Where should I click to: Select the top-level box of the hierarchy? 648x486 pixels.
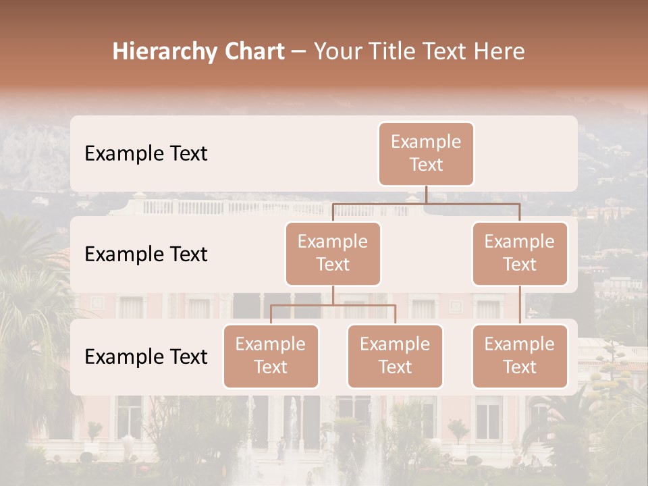tap(426, 153)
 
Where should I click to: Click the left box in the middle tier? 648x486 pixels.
tap(333, 253)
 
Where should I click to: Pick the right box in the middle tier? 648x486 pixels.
tap(520, 253)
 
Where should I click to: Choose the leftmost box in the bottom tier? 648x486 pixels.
tap(271, 356)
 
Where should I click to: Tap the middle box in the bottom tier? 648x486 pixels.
tap(395, 356)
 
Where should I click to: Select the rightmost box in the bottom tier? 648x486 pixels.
tap(520, 356)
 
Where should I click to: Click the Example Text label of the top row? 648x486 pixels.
tap(146, 154)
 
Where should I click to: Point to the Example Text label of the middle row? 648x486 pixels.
tap(146, 254)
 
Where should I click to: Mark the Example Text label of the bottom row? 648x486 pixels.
tap(146, 356)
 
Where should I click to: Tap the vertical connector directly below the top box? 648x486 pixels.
tap(426, 194)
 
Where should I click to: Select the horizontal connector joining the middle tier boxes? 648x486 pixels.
tap(426, 202)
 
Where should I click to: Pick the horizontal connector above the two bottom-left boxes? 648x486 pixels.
tap(333, 305)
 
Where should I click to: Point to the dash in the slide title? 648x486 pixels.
tap(298, 52)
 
